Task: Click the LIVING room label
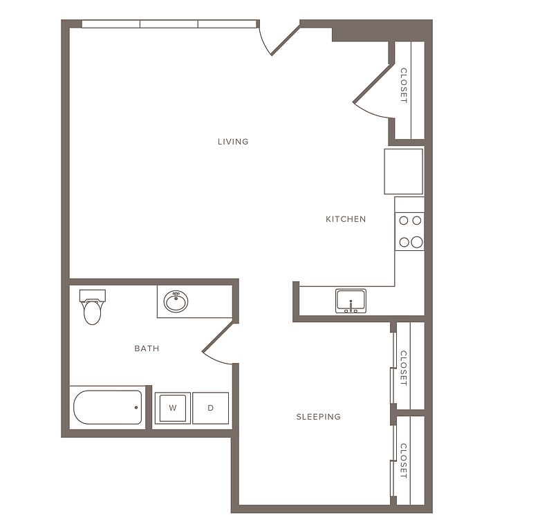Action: tap(233, 142)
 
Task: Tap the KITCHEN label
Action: tap(346, 219)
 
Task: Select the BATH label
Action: tap(147, 348)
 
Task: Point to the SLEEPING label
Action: tap(319, 417)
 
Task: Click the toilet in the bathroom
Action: tap(92, 307)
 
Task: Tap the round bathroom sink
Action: tap(176, 301)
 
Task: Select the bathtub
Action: tap(107, 407)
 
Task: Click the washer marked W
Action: tap(173, 408)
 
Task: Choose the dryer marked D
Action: tap(210, 408)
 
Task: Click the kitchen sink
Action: tap(351, 301)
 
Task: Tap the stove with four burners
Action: tap(409, 232)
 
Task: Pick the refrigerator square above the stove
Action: tap(404, 171)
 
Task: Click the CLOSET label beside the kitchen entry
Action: tap(404, 86)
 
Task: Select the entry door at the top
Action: tap(279, 38)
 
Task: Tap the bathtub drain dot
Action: tap(136, 407)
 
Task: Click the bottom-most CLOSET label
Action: tap(404, 460)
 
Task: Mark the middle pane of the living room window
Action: tap(169, 24)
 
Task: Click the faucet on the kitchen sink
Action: tap(351, 306)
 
